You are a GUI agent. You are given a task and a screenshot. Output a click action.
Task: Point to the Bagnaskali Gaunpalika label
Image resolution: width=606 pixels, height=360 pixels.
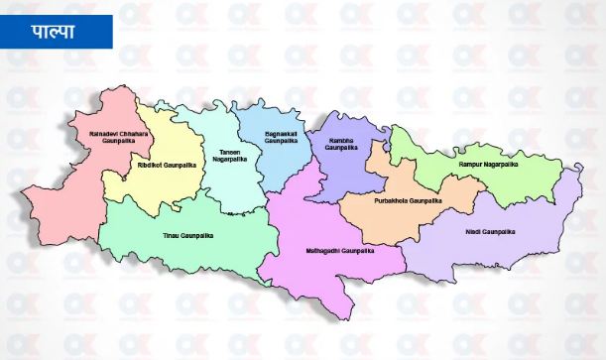pyautogui.click(x=281, y=138)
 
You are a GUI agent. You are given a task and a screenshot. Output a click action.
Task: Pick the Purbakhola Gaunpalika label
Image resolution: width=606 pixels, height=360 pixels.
pyautogui.click(x=408, y=201)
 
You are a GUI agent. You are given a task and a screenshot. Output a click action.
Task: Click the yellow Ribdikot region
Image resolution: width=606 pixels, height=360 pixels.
pyautogui.click(x=159, y=188)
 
